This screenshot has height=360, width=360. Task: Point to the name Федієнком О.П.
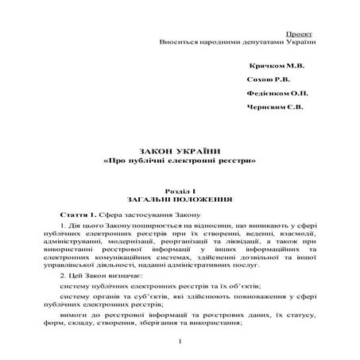click(277, 93)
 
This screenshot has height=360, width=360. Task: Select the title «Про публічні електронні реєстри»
click(180, 161)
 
